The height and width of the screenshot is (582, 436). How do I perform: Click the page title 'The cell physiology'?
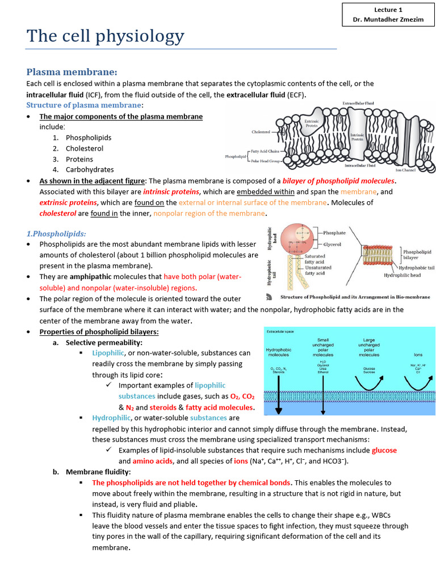click(106, 36)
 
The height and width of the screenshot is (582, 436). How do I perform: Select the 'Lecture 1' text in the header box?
click(388, 10)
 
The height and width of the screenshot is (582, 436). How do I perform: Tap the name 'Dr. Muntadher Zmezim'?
click(388, 20)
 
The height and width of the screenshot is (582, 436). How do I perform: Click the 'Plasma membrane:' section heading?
click(72, 72)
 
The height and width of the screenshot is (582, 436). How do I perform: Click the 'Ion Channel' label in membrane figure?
click(408, 170)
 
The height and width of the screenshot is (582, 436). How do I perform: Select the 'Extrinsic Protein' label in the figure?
click(312, 123)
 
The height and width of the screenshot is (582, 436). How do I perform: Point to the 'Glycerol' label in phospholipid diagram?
click(332, 244)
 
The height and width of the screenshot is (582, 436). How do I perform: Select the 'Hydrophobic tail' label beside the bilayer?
click(417, 267)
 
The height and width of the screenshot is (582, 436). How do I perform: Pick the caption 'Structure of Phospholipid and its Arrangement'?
click(347, 297)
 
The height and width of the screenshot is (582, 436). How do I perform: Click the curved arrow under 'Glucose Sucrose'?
click(369, 384)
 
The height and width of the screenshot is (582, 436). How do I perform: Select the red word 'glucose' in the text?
click(384, 450)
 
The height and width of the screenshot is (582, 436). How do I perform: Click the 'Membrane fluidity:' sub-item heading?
click(98, 472)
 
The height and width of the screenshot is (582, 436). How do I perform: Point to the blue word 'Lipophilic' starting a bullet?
click(108, 353)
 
